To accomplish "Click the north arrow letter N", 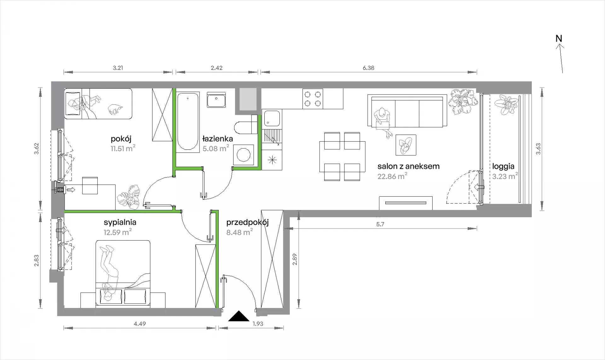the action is tap(559, 39).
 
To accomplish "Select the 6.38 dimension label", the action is tap(368, 68).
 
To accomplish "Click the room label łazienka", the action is tap(217, 139).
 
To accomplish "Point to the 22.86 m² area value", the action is tap(392, 176).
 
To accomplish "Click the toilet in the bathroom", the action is tap(246, 127).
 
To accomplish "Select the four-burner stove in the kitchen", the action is tap(313, 98).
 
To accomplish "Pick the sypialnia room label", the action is tap(120, 222).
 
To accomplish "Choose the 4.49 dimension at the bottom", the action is tap(140, 324).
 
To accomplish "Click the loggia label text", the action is tap(503, 166).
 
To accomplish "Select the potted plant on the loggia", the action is tap(506, 104).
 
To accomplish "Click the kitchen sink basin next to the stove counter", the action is tap(271, 119).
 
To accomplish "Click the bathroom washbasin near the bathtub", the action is tap(216, 100).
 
